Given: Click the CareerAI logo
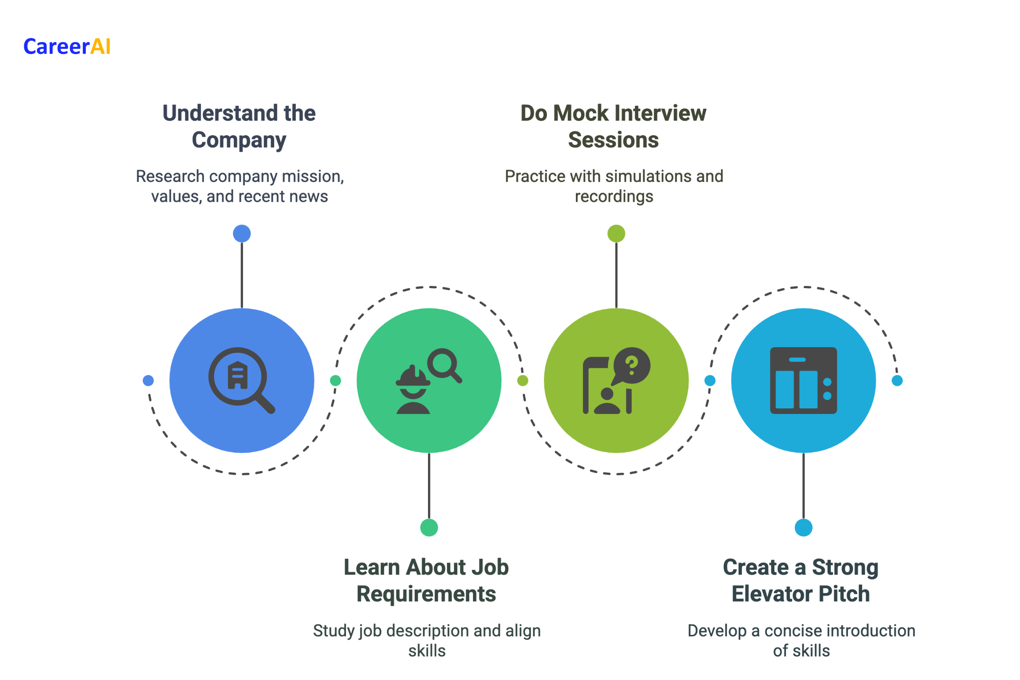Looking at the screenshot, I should (x=67, y=46).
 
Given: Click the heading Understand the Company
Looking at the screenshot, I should (x=239, y=126).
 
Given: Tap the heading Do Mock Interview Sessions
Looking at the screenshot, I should (x=613, y=126).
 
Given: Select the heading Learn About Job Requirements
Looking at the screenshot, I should (x=426, y=580).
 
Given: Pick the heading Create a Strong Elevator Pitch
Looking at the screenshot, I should (x=801, y=580).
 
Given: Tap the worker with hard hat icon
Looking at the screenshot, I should (x=413, y=390).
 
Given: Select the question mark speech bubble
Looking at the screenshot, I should (x=632, y=365).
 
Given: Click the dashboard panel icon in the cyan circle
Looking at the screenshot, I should (x=803, y=380).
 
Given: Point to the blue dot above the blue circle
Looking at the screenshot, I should (x=242, y=234).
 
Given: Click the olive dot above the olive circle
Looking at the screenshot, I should (x=616, y=234).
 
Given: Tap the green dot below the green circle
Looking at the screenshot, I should (x=429, y=528).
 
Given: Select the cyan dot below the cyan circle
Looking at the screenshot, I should (x=803, y=528).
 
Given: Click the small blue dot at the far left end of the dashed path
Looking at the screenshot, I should (x=148, y=380).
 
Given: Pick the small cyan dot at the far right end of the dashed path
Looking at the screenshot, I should (x=897, y=380).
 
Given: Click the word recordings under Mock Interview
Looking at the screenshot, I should (x=614, y=196).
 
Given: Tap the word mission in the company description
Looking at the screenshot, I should (x=312, y=176).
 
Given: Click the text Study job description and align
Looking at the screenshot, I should (x=427, y=631).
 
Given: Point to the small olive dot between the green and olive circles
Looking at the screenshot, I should (x=523, y=380).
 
